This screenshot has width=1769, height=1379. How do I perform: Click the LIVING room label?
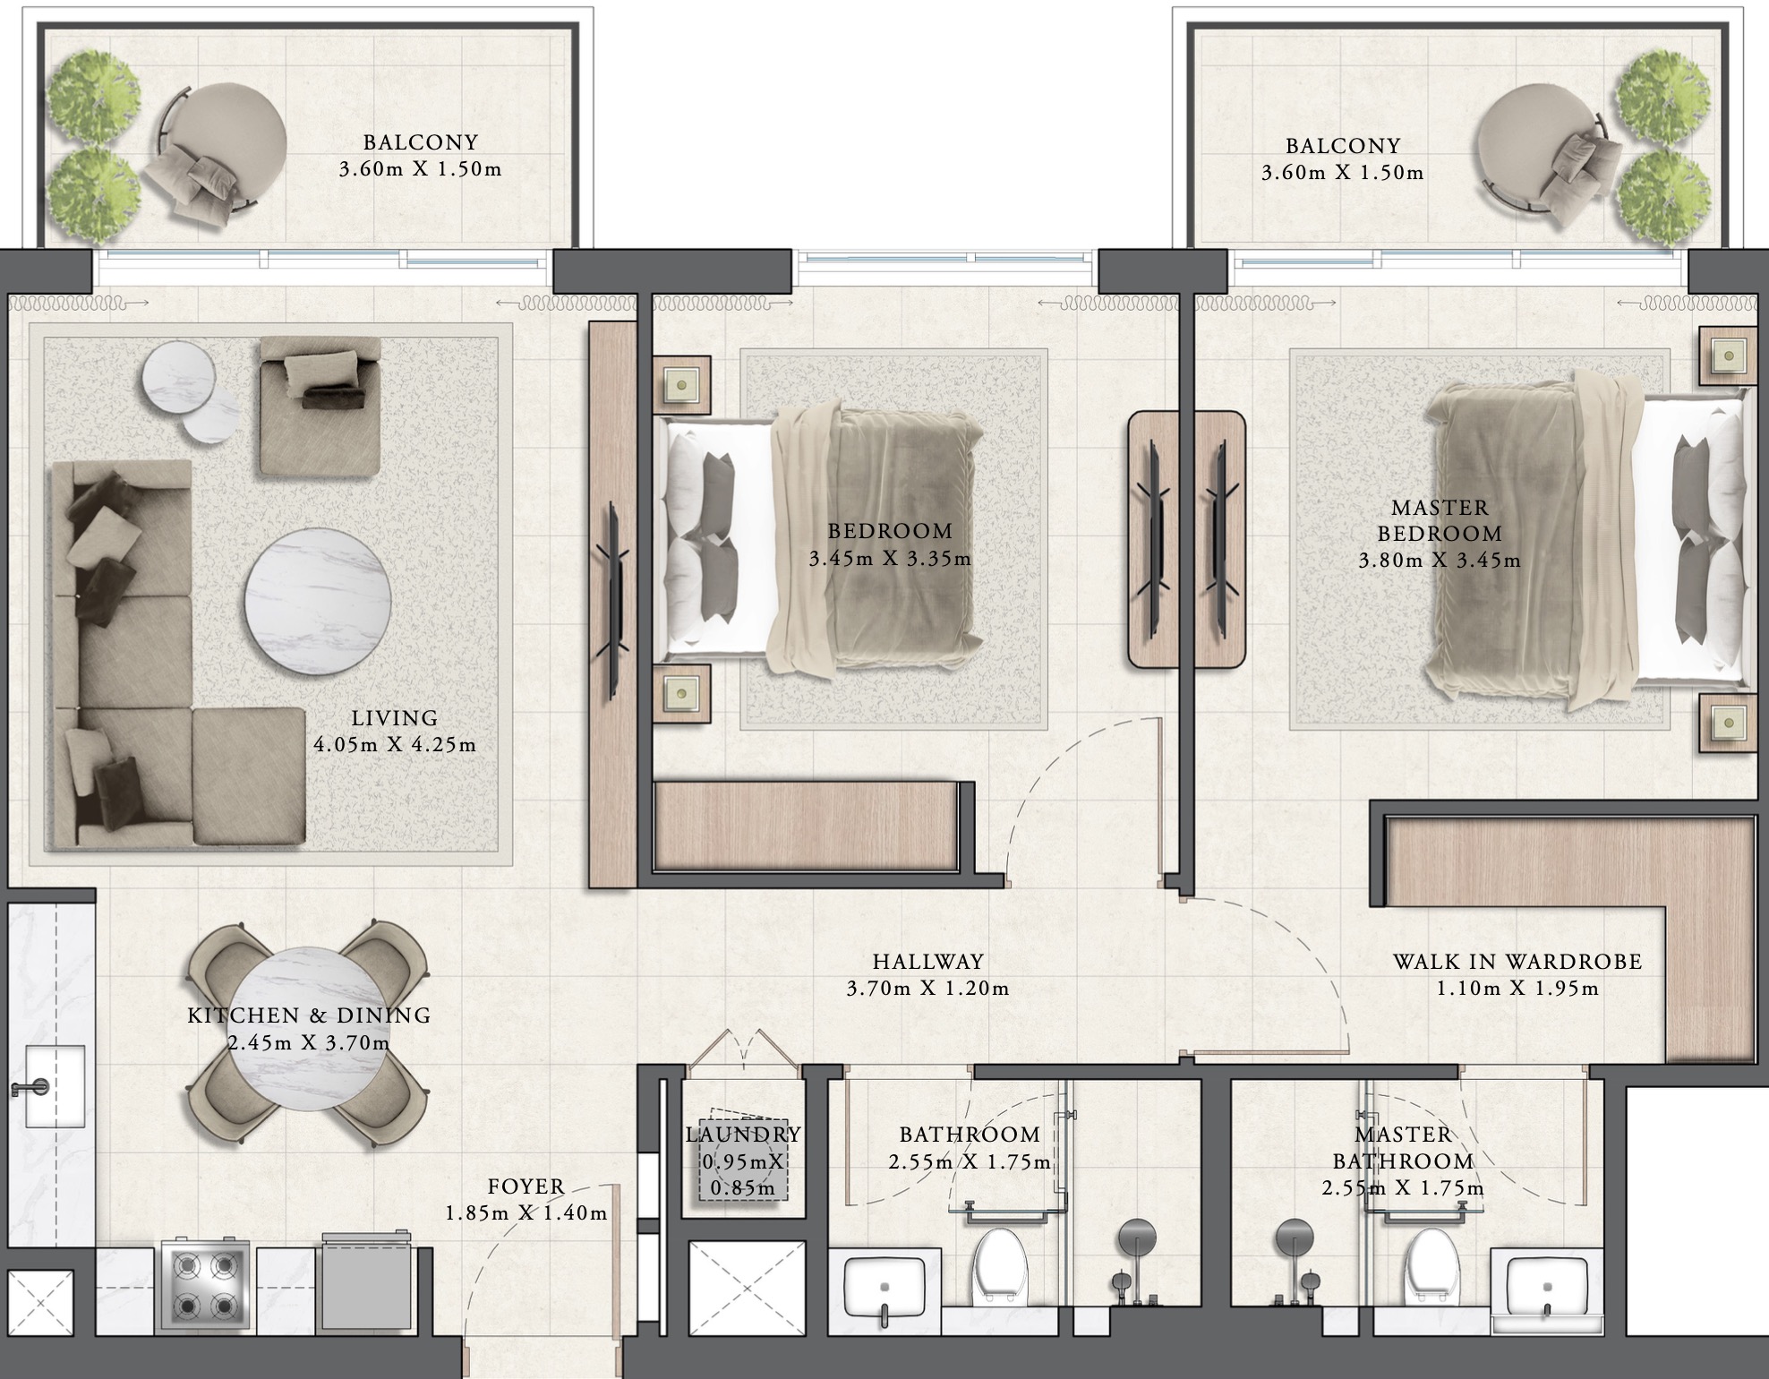[x=394, y=718]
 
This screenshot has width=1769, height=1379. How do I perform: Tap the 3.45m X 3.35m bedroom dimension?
[x=890, y=559]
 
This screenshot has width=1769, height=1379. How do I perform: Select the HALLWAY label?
[x=927, y=962]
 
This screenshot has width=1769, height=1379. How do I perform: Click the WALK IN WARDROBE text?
[x=1517, y=962]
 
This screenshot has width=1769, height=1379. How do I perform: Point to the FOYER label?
[x=526, y=1186]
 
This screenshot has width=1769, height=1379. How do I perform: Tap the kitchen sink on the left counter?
[x=54, y=1085]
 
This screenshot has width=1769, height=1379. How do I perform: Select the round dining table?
[x=306, y=1030]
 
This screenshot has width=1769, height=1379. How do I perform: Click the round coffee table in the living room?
[x=317, y=599]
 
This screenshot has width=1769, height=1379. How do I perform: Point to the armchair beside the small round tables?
[x=320, y=405]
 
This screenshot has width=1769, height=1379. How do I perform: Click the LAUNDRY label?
[x=742, y=1135]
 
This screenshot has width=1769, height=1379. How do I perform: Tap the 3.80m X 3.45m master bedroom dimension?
[x=1439, y=561]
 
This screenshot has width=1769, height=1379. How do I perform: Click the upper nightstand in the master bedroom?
[x=1727, y=356]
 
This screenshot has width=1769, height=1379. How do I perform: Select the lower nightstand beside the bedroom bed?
[x=681, y=693]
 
